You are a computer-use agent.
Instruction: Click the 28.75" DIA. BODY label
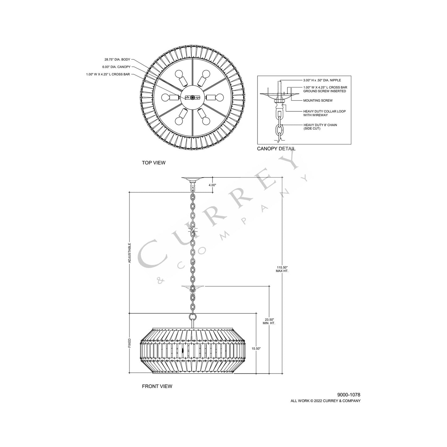[x=117, y=59]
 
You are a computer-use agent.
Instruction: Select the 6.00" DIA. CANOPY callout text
[x=116, y=67]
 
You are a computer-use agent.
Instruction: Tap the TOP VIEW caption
[x=153, y=163]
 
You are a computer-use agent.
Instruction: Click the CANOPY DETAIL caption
[x=276, y=148]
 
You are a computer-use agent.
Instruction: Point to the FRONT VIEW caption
[x=157, y=386]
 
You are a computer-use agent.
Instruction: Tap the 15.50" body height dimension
[x=256, y=348]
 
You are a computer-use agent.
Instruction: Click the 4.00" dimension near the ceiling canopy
[x=212, y=185]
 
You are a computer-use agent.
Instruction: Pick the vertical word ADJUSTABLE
[x=130, y=253]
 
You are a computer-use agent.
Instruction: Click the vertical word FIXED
[x=130, y=343]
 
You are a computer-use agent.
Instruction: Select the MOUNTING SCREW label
[x=318, y=101]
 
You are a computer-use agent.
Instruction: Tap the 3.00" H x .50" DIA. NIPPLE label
[x=322, y=80]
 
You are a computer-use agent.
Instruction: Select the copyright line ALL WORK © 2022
[x=325, y=401]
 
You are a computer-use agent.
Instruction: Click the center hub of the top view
[x=192, y=97]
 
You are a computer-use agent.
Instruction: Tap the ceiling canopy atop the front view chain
[x=193, y=179]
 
